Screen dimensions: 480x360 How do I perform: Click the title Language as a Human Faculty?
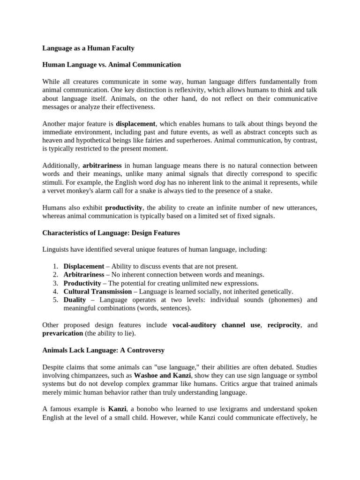pyautogui.click(x=88, y=48)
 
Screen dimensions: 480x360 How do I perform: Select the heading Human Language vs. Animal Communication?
pyautogui.click(x=112, y=65)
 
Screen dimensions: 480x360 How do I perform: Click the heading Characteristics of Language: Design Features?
pyautogui.click(x=111, y=233)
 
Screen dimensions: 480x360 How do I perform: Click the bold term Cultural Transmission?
pyautogui.click(x=97, y=292)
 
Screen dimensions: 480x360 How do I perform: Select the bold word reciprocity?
pyautogui.click(x=284, y=325)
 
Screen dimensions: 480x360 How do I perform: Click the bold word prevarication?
pyautogui.click(x=62, y=333)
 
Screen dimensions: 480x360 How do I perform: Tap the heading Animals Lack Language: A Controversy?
pyautogui.click(x=103, y=350)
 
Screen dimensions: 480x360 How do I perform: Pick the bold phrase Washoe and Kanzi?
pyautogui.click(x=163, y=375)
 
